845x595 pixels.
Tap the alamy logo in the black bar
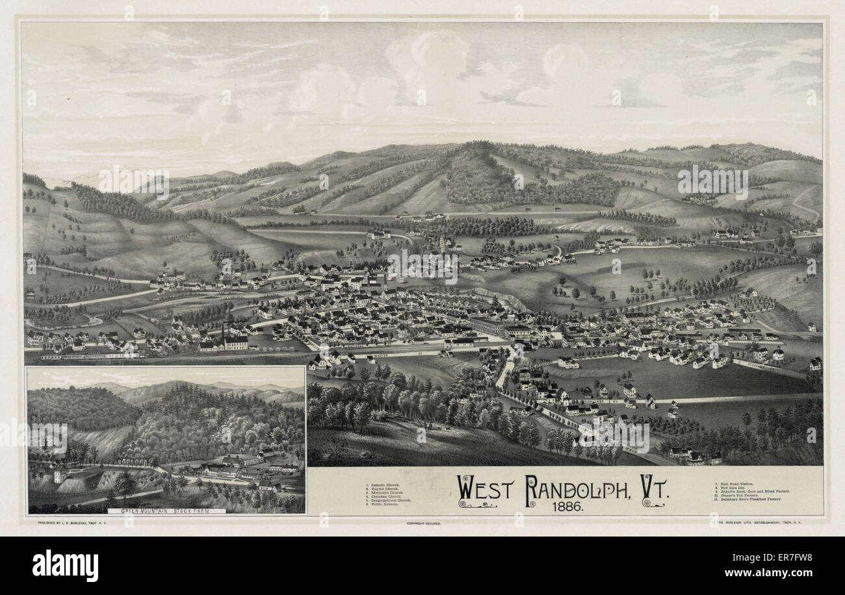(x=65, y=564)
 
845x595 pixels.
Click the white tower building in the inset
(x=58, y=475)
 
